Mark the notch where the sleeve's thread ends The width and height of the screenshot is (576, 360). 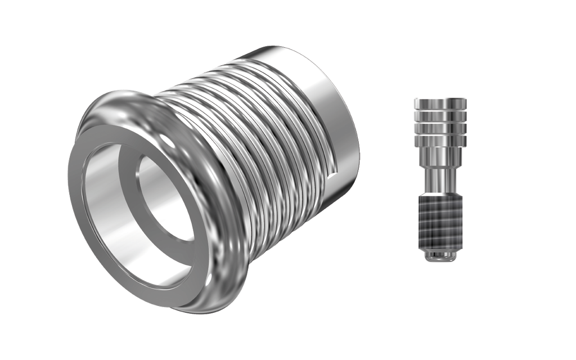[334, 169]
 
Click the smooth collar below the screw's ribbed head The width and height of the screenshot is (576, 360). [440, 155]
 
